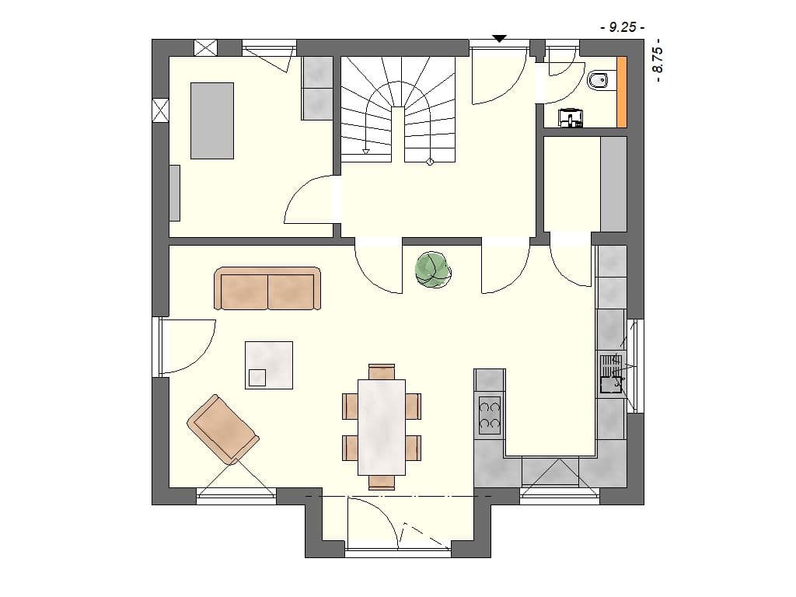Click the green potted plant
click(x=433, y=269)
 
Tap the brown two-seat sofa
click(x=268, y=289)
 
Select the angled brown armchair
click(x=222, y=429)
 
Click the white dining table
click(x=382, y=426)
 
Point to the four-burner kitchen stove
click(x=490, y=414)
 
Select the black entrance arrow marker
click(x=500, y=38)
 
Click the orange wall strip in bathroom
click(x=622, y=92)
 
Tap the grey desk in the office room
click(x=212, y=120)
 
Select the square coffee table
click(x=269, y=365)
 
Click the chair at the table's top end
click(x=382, y=372)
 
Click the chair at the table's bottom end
click(x=382, y=482)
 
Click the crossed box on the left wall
click(x=160, y=110)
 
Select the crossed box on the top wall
click(x=206, y=47)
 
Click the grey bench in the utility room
click(x=613, y=183)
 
